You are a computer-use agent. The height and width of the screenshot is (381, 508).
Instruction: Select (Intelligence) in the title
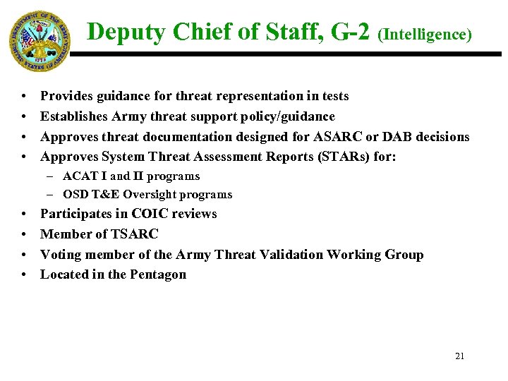pos(425,34)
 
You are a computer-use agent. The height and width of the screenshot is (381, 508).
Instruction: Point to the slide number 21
pos(459,356)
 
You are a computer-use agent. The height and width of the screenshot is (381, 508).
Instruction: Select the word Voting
pos(62,254)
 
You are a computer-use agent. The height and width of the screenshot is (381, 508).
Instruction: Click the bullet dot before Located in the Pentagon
pos(24,274)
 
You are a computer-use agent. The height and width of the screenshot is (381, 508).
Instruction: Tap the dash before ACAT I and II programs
pos(54,176)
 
